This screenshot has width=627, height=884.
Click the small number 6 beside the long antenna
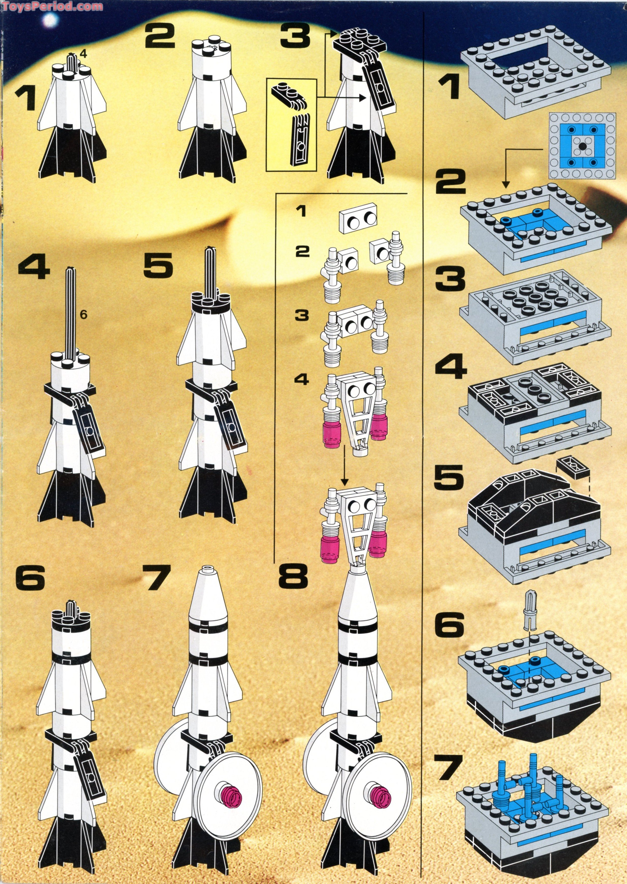[83, 315]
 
